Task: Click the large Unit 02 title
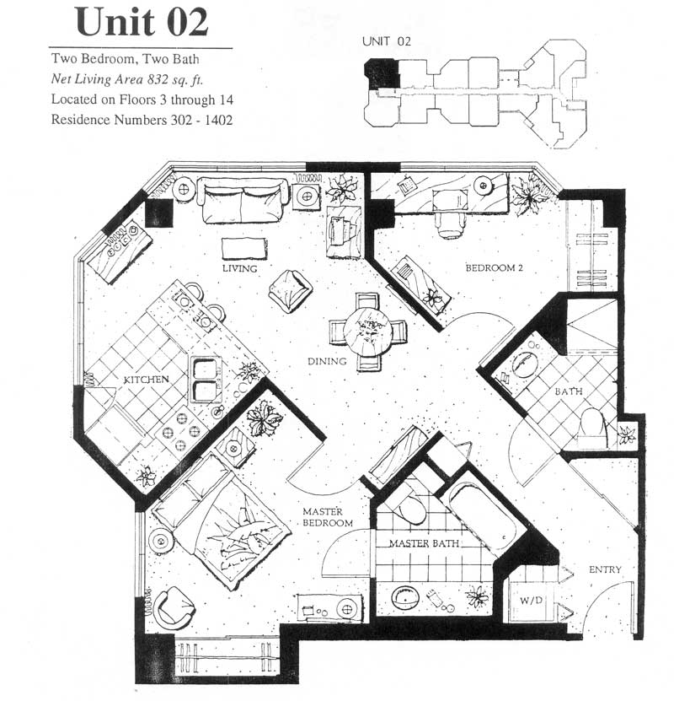(142, 22)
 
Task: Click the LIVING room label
(240, 268)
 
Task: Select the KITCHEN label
(146, 380)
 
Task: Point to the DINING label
(327, 361)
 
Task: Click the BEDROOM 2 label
(494, 267)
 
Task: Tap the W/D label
(531, 600)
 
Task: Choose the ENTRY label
(605, 569)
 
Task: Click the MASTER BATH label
(424, 543)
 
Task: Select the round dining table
(369, 332)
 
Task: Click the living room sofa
(244, 199)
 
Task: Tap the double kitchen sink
(206, 380)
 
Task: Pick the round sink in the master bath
(406, 597)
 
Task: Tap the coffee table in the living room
(244, 249)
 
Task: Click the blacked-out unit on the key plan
(382, 73)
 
